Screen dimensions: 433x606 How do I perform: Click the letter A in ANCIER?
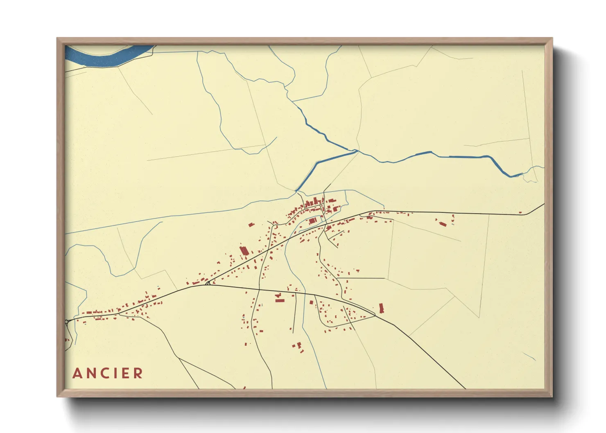77,373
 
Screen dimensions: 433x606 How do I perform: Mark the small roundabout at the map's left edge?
66,322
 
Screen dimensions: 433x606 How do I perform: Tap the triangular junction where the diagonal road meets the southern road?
208,283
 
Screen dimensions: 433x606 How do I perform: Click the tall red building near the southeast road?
382,308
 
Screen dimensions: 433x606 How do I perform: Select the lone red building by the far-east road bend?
520,212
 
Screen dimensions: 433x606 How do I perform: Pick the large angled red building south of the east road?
443,223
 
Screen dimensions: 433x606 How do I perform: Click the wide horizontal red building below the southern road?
280,300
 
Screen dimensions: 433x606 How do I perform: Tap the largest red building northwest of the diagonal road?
244,250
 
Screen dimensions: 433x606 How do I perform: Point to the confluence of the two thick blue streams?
356,151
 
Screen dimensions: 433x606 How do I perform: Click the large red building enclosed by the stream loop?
313,221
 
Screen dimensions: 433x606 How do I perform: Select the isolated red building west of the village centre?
251,224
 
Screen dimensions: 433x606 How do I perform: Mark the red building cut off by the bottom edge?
244,388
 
